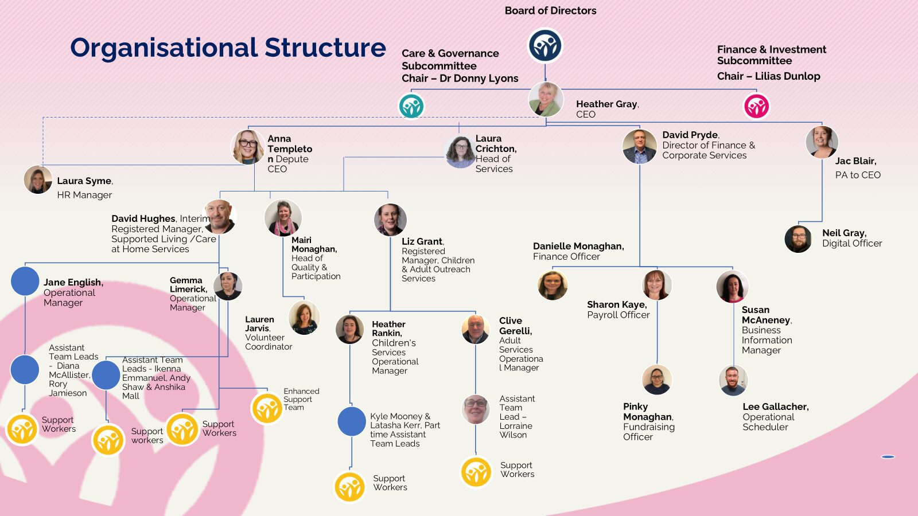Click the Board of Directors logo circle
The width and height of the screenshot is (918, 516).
tap(545, 46)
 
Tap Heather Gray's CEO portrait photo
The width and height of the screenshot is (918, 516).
tap(545, 99)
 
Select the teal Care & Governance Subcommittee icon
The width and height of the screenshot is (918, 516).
tap(411, 106)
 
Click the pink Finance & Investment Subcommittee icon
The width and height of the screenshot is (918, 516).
tap(756, 106)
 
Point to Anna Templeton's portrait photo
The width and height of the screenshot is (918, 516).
tap(248, 147)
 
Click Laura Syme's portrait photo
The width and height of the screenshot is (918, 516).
tap(38, 179)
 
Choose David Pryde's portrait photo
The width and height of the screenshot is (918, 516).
tap(639, 146)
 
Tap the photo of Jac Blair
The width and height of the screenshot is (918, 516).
tap(822, 142)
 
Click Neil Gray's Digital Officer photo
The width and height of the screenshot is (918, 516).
tap(798, 239)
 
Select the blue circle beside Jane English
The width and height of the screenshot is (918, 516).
tap(25, 281)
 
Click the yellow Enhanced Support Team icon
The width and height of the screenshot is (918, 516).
tap(267, 408)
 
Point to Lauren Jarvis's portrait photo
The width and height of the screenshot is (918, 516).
tap(304, 318)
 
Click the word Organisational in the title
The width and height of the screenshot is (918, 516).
tap(164, 48)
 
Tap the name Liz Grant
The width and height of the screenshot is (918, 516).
tap(422, 241)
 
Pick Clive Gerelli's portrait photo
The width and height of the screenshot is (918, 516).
tap(476, 329)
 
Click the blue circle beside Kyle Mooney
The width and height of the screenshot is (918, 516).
tap(352, 421)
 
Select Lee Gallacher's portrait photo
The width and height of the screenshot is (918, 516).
tap(733, 380)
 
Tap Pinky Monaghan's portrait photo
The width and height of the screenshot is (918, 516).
tap(657, 380)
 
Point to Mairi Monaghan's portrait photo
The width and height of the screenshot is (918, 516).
tap(283, 218)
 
